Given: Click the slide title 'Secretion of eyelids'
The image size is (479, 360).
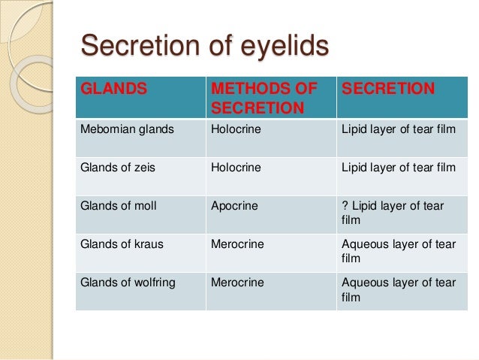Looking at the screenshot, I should pos(204,47).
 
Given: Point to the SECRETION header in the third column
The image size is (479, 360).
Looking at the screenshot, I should pos(388,89).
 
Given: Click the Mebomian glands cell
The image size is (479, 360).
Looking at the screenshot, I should pos(127,129).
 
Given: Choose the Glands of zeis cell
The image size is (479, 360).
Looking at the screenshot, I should pos(118,168).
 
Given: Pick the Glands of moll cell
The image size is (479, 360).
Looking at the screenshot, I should pos(119,205).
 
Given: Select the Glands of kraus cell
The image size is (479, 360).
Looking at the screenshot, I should pos(122,244).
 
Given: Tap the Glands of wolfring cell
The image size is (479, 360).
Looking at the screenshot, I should pos(128,283).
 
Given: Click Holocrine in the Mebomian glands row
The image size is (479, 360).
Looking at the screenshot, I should pos(236,129).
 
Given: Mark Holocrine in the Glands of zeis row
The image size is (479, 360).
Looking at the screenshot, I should pos(236,168).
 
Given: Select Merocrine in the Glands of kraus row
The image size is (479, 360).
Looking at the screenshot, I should pos(237,244).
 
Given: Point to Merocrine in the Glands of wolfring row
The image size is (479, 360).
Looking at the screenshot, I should pos(237,283).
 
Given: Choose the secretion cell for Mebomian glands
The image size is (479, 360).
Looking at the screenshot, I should pos(399,129).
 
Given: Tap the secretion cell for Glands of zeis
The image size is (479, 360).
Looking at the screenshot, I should pos(399,168).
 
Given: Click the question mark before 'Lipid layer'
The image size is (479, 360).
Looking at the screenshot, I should pos(345,205).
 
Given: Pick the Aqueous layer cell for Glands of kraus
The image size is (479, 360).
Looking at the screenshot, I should pos(399,251).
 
